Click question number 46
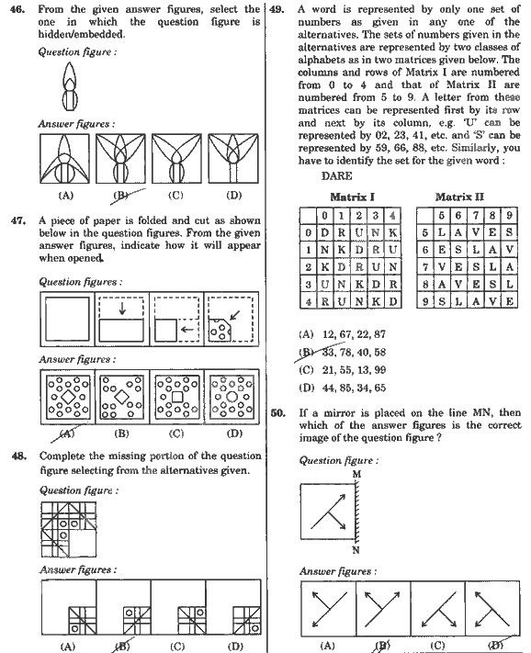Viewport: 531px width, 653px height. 17,9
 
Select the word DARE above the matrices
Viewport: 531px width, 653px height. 336,176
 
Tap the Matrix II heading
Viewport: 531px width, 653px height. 459,197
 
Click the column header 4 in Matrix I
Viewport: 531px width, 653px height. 392,215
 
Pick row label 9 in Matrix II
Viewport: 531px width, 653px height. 424,301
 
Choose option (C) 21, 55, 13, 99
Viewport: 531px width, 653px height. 343,370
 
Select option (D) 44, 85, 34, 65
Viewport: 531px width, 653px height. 343,388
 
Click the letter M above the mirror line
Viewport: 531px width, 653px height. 356,474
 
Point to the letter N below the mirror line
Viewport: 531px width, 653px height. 356,550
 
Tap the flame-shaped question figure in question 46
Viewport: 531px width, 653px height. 70,86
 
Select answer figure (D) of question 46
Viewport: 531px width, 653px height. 233,158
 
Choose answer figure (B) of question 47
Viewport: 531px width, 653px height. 122,397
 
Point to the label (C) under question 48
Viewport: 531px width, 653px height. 177,647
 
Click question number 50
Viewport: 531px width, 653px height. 277,413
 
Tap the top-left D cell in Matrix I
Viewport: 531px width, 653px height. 324,232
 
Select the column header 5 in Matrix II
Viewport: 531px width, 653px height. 441,215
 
